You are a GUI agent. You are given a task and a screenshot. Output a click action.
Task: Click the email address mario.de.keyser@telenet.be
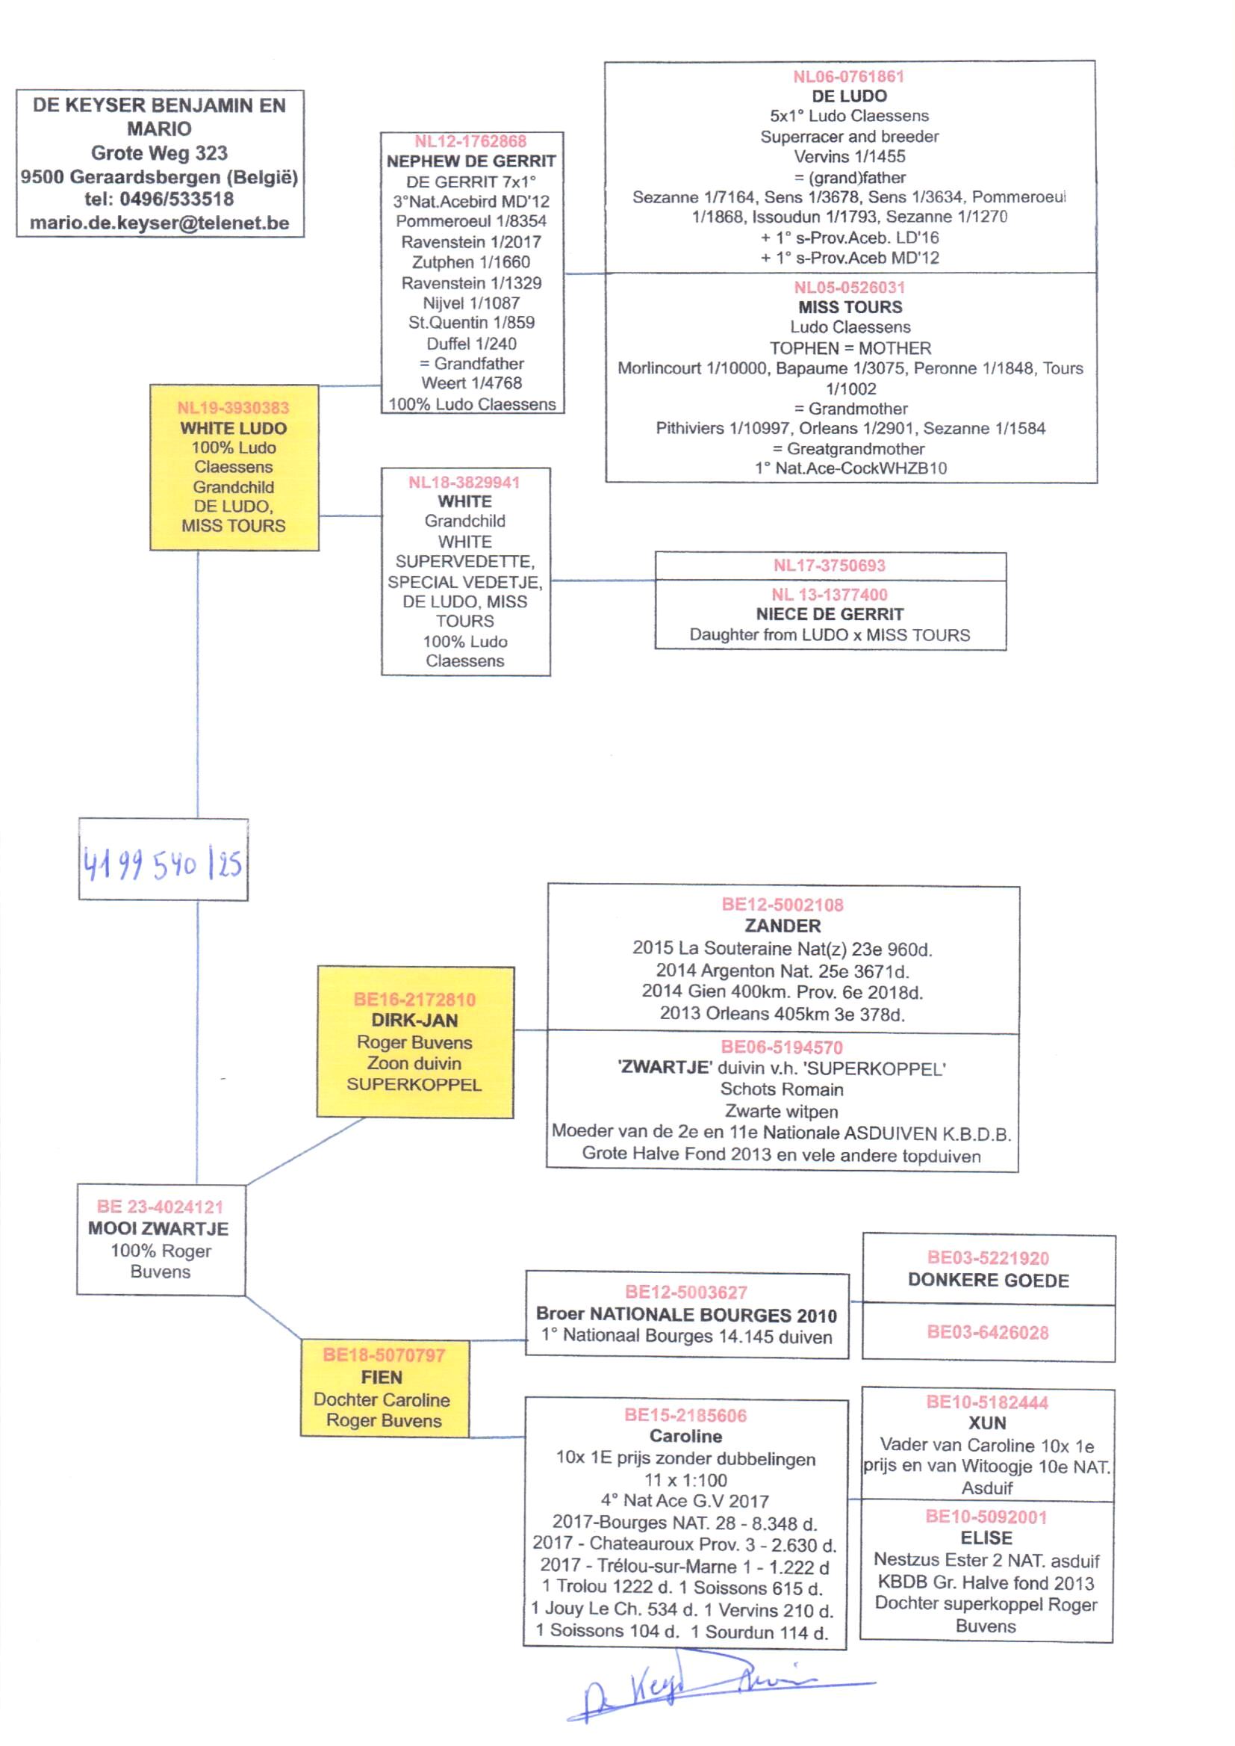pos(160,223)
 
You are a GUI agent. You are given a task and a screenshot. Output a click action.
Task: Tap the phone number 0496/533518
pos(176,199)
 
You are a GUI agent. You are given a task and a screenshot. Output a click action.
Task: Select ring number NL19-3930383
pos(234,408)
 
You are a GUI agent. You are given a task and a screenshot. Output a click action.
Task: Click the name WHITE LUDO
pos(234,428)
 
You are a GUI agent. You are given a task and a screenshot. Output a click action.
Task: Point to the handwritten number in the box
pos(163,864)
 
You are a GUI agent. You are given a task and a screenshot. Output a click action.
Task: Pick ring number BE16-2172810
pos(414,1000)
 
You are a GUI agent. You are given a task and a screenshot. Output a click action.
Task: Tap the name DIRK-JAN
pos(414,1021)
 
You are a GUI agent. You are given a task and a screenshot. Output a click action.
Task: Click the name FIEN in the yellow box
pos(382,1377)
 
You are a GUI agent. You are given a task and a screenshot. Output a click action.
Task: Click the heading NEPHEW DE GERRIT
pos(471,161)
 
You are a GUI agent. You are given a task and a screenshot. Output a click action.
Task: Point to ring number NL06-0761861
pos(849,77)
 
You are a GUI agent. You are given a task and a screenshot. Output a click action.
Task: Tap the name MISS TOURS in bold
pos(850,307)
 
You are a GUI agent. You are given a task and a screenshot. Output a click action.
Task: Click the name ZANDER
pos(783,926)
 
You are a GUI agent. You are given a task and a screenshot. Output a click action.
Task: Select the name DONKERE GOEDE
pos(988,1281)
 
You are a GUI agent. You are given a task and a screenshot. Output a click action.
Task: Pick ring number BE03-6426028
pos(988,1332)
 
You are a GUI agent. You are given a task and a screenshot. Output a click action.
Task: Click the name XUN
pos(987,1423)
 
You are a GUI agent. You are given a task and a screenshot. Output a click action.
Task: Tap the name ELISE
pos(986,1538)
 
